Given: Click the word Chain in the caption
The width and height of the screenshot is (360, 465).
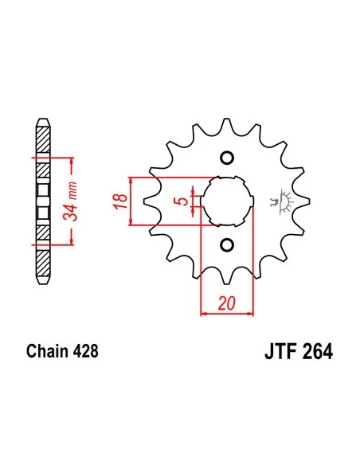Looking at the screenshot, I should click(45, 350).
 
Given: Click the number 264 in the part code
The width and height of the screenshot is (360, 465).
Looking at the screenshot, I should click(315, 351).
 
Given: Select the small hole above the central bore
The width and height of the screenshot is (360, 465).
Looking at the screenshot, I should click(225, 156).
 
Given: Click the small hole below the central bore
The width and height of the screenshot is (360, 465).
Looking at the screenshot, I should click(225, 244).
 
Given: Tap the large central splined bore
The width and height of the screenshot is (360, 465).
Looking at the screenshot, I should click(226, 200).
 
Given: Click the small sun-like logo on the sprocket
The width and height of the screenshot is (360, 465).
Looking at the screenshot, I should click(280, 200).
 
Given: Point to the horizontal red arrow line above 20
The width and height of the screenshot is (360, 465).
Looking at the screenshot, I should click(225, 313).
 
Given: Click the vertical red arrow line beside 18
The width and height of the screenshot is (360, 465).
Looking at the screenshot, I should click(131, 200).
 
